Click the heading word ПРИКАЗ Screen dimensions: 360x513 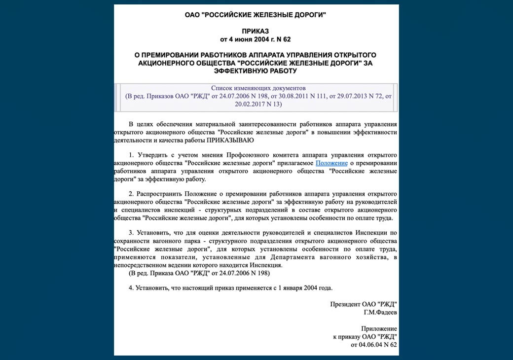(256, 31)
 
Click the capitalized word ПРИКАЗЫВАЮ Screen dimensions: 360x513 (230, 140)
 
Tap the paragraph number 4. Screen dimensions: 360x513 (131, 287)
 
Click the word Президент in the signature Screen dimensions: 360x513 (345, 304)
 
